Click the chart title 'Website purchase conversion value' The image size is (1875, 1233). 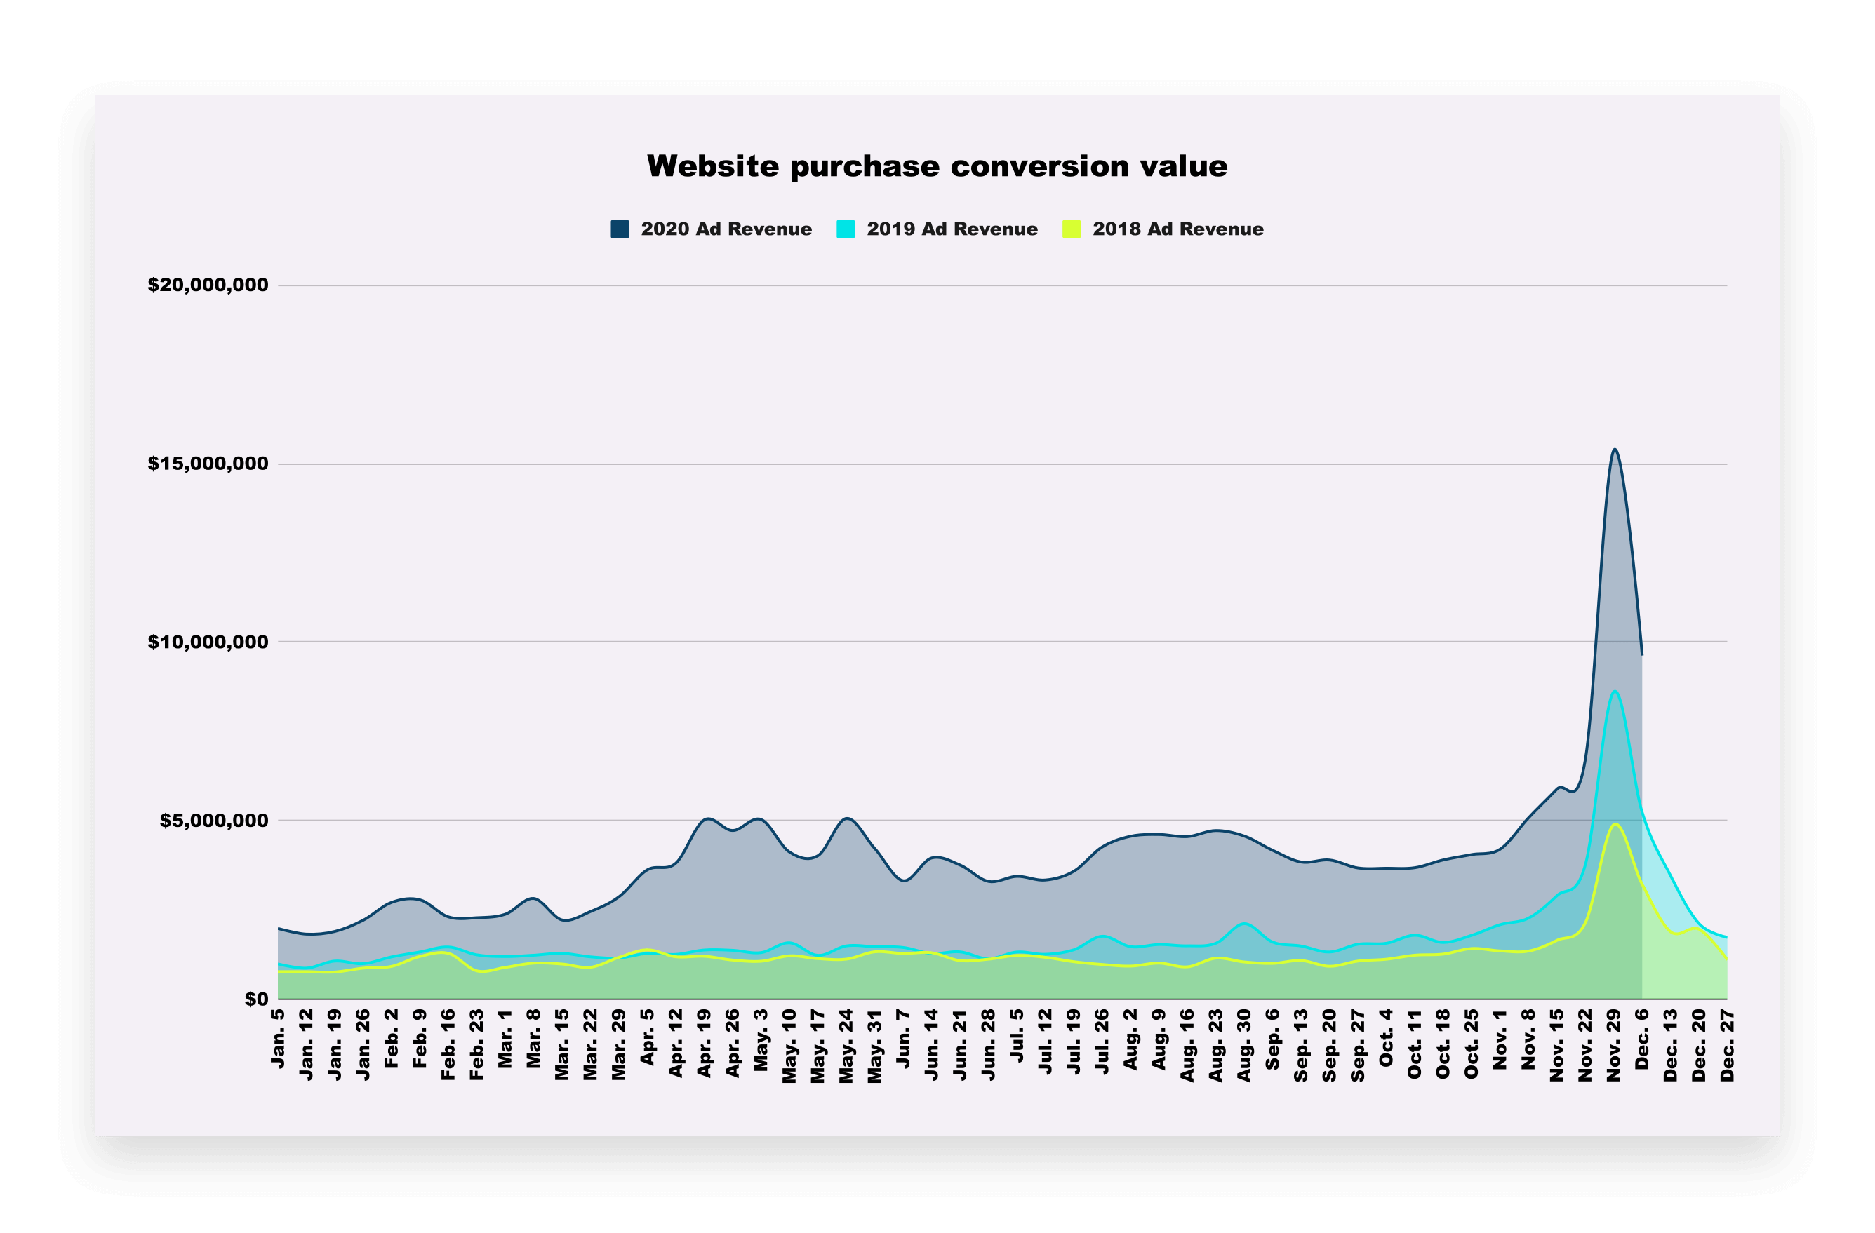tap(937, 166)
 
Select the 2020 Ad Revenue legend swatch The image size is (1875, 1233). tap(620, 229)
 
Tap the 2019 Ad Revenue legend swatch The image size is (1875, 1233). tap(846, 229)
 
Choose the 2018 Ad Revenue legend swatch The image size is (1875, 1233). tap(1072, 229)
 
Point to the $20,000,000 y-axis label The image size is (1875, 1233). tap(208, 285)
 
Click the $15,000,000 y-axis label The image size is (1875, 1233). tap(208, 464)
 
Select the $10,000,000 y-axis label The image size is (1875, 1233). tap(208, 642)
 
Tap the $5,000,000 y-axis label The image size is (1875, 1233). tap(213, 821)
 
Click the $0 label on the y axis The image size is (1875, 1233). tap(256, 999)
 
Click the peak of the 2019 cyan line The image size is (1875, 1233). tap(1614, 692)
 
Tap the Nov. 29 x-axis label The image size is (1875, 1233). tap(1614, 1045)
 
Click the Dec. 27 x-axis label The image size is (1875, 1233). tap(1728, 1046)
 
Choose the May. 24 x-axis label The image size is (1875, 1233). tap(847, 1046)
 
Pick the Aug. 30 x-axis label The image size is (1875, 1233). tap(1245, 1046)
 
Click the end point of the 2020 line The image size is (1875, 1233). tap(1642, 654)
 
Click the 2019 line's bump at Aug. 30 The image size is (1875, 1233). tap(1245, 924)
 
